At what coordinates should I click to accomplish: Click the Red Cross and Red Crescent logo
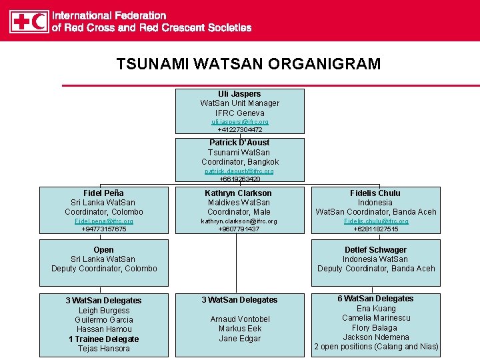29,21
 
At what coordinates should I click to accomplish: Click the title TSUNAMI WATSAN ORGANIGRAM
248,64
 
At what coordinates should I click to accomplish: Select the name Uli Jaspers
239,94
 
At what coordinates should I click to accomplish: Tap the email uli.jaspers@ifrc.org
239,123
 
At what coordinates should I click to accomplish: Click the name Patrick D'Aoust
239,143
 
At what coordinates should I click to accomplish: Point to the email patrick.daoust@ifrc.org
239,171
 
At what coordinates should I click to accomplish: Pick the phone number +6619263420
239,179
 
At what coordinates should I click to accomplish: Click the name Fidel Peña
103,193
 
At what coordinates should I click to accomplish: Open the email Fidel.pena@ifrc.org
103,221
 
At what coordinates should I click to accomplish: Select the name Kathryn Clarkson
239,193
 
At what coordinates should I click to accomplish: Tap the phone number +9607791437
239,229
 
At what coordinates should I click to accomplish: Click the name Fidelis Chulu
375,193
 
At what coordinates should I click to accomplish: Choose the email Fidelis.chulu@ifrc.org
376,221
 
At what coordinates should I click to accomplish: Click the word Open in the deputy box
103,250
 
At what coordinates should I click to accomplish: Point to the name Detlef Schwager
376,250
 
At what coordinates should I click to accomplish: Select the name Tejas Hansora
103,349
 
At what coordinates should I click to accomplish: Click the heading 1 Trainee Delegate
103,339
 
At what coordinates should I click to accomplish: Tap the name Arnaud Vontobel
239,319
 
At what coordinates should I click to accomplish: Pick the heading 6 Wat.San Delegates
376,299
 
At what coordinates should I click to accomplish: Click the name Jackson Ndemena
376,337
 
